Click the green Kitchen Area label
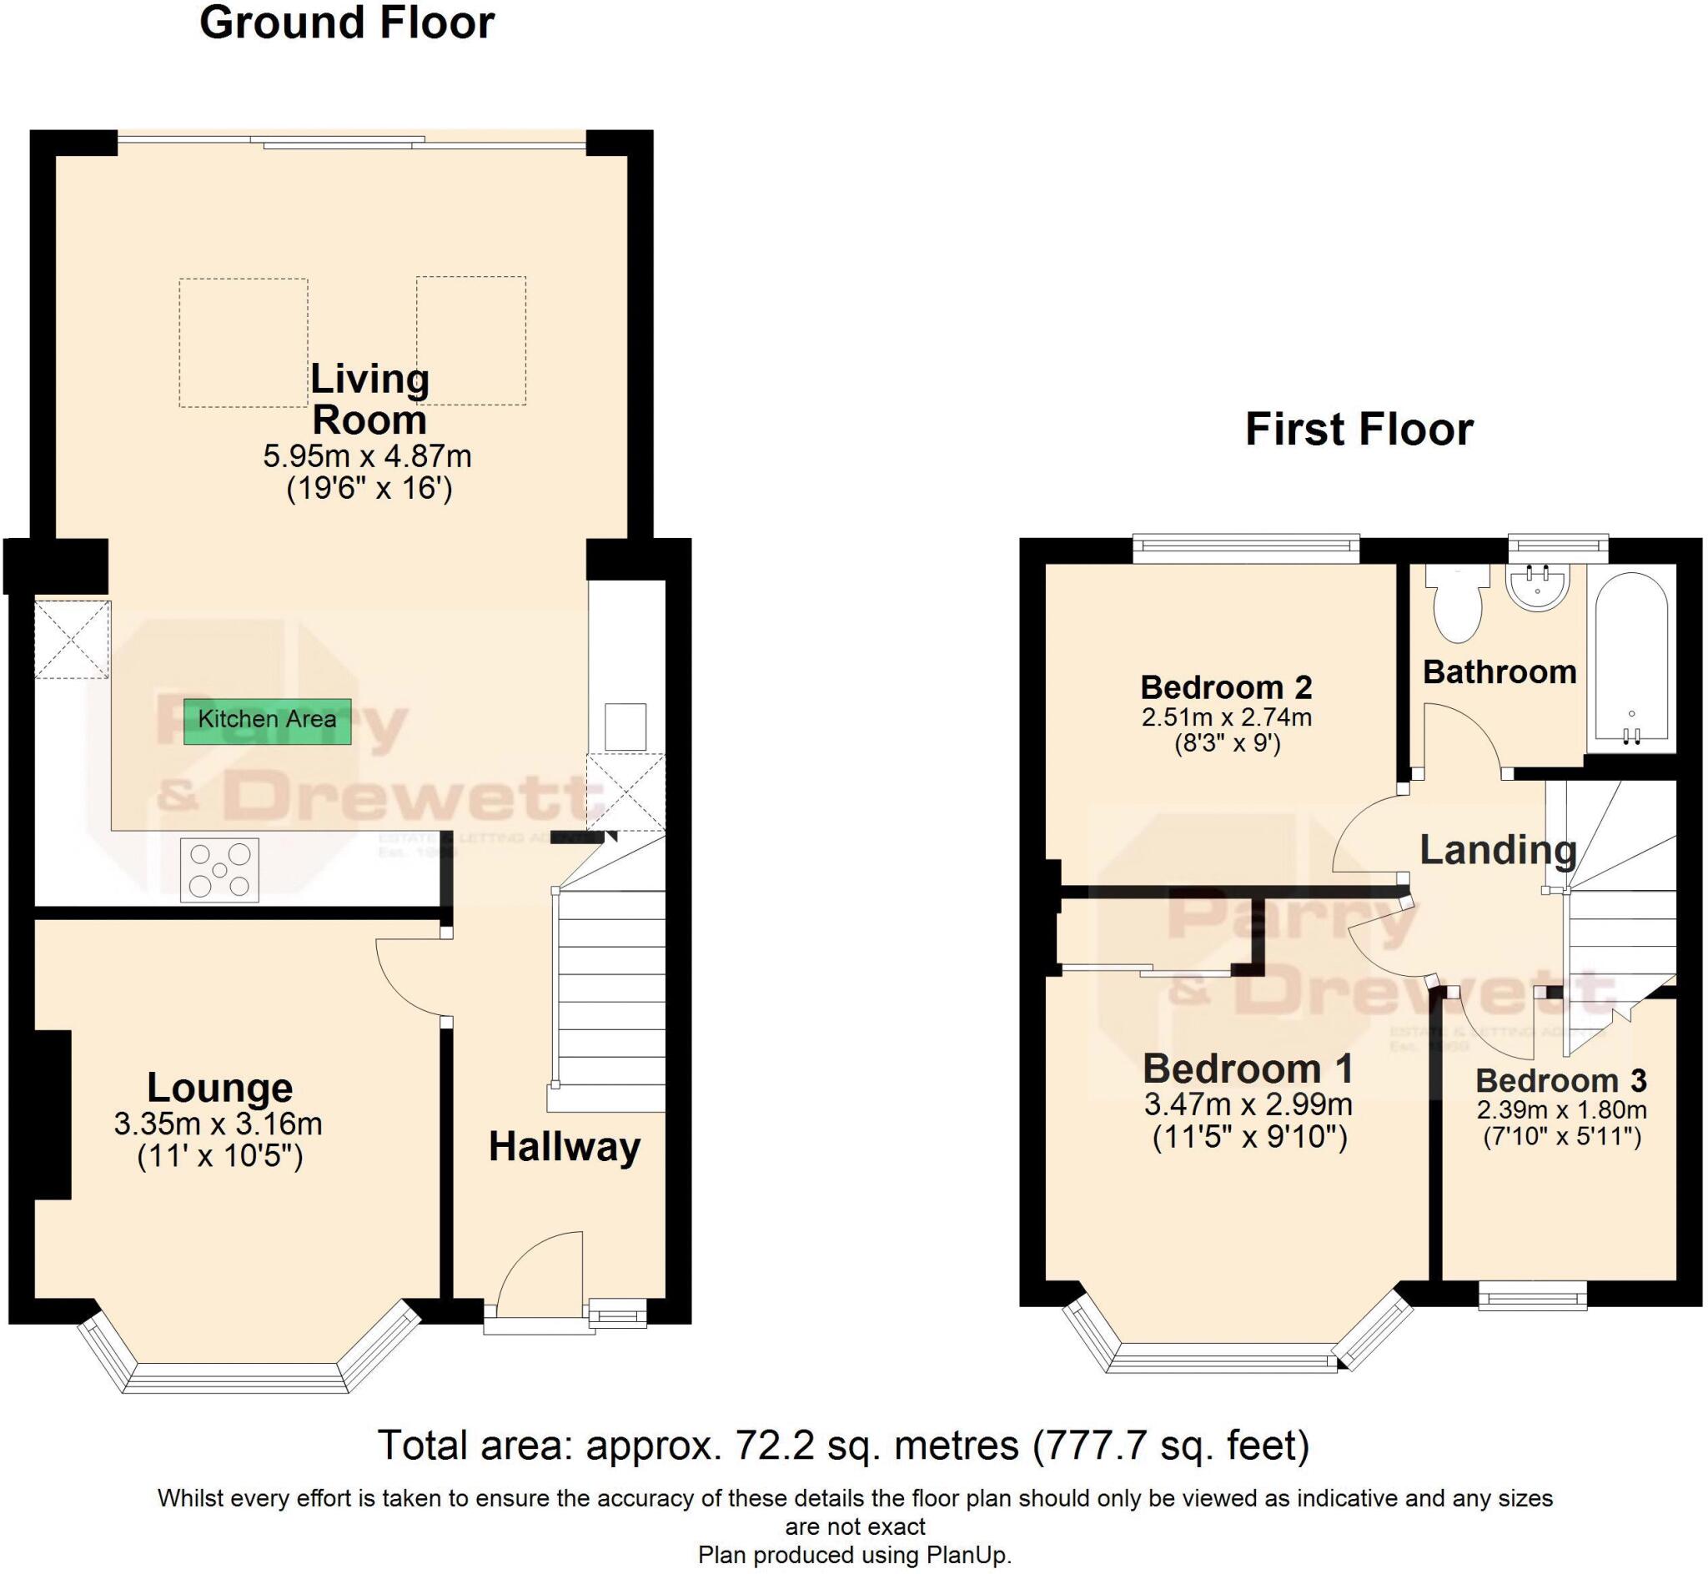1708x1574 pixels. (267, 721)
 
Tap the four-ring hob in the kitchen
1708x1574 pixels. (219, 870)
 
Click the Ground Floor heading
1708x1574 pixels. (347, 23)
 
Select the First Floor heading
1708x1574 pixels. (1358, 430)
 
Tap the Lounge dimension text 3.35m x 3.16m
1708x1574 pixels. (218, 1124)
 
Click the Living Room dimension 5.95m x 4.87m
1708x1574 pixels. (367, 456)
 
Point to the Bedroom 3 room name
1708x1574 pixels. (1560, 1081)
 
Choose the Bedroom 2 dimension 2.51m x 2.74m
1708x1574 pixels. (1226, 717)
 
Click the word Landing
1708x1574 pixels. (1498, 850)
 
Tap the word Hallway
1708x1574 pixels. (565, 1146)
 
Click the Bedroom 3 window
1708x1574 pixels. (1533, 1297)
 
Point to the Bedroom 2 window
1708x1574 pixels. (1246, 550)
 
